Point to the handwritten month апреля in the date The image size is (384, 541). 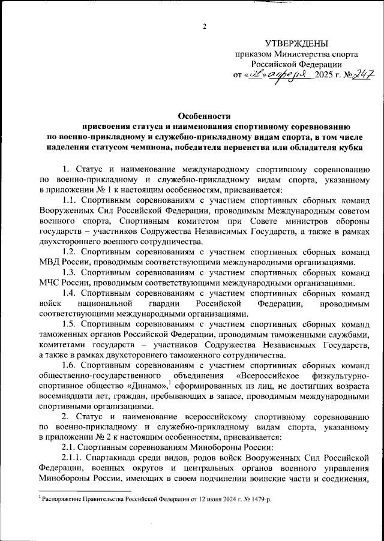click(x=287, y=74)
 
